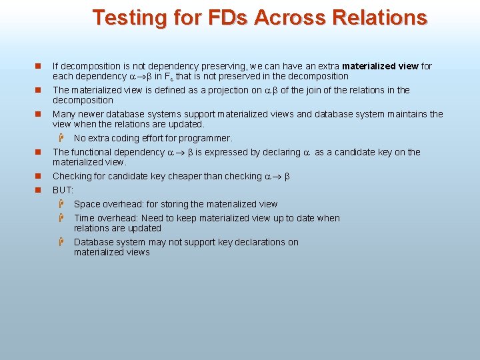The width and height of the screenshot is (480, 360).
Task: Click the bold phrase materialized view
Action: click(381, 66)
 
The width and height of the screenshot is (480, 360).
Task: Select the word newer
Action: click(89, 114)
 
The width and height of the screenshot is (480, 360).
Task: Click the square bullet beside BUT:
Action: click(39, 190)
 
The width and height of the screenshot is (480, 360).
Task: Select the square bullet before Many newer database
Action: click(39, 114)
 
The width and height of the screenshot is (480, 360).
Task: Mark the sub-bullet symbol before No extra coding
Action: click(59, 138)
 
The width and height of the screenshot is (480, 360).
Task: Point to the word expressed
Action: click(231, 152)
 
